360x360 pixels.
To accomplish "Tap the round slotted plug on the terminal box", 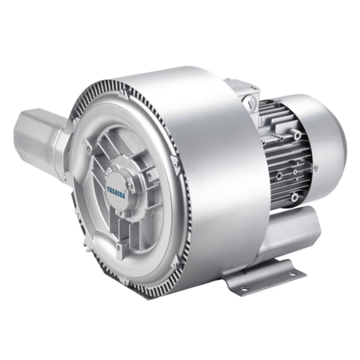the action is tap(250, 101).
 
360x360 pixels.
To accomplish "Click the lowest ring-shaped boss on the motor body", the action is tap(295, 197).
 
